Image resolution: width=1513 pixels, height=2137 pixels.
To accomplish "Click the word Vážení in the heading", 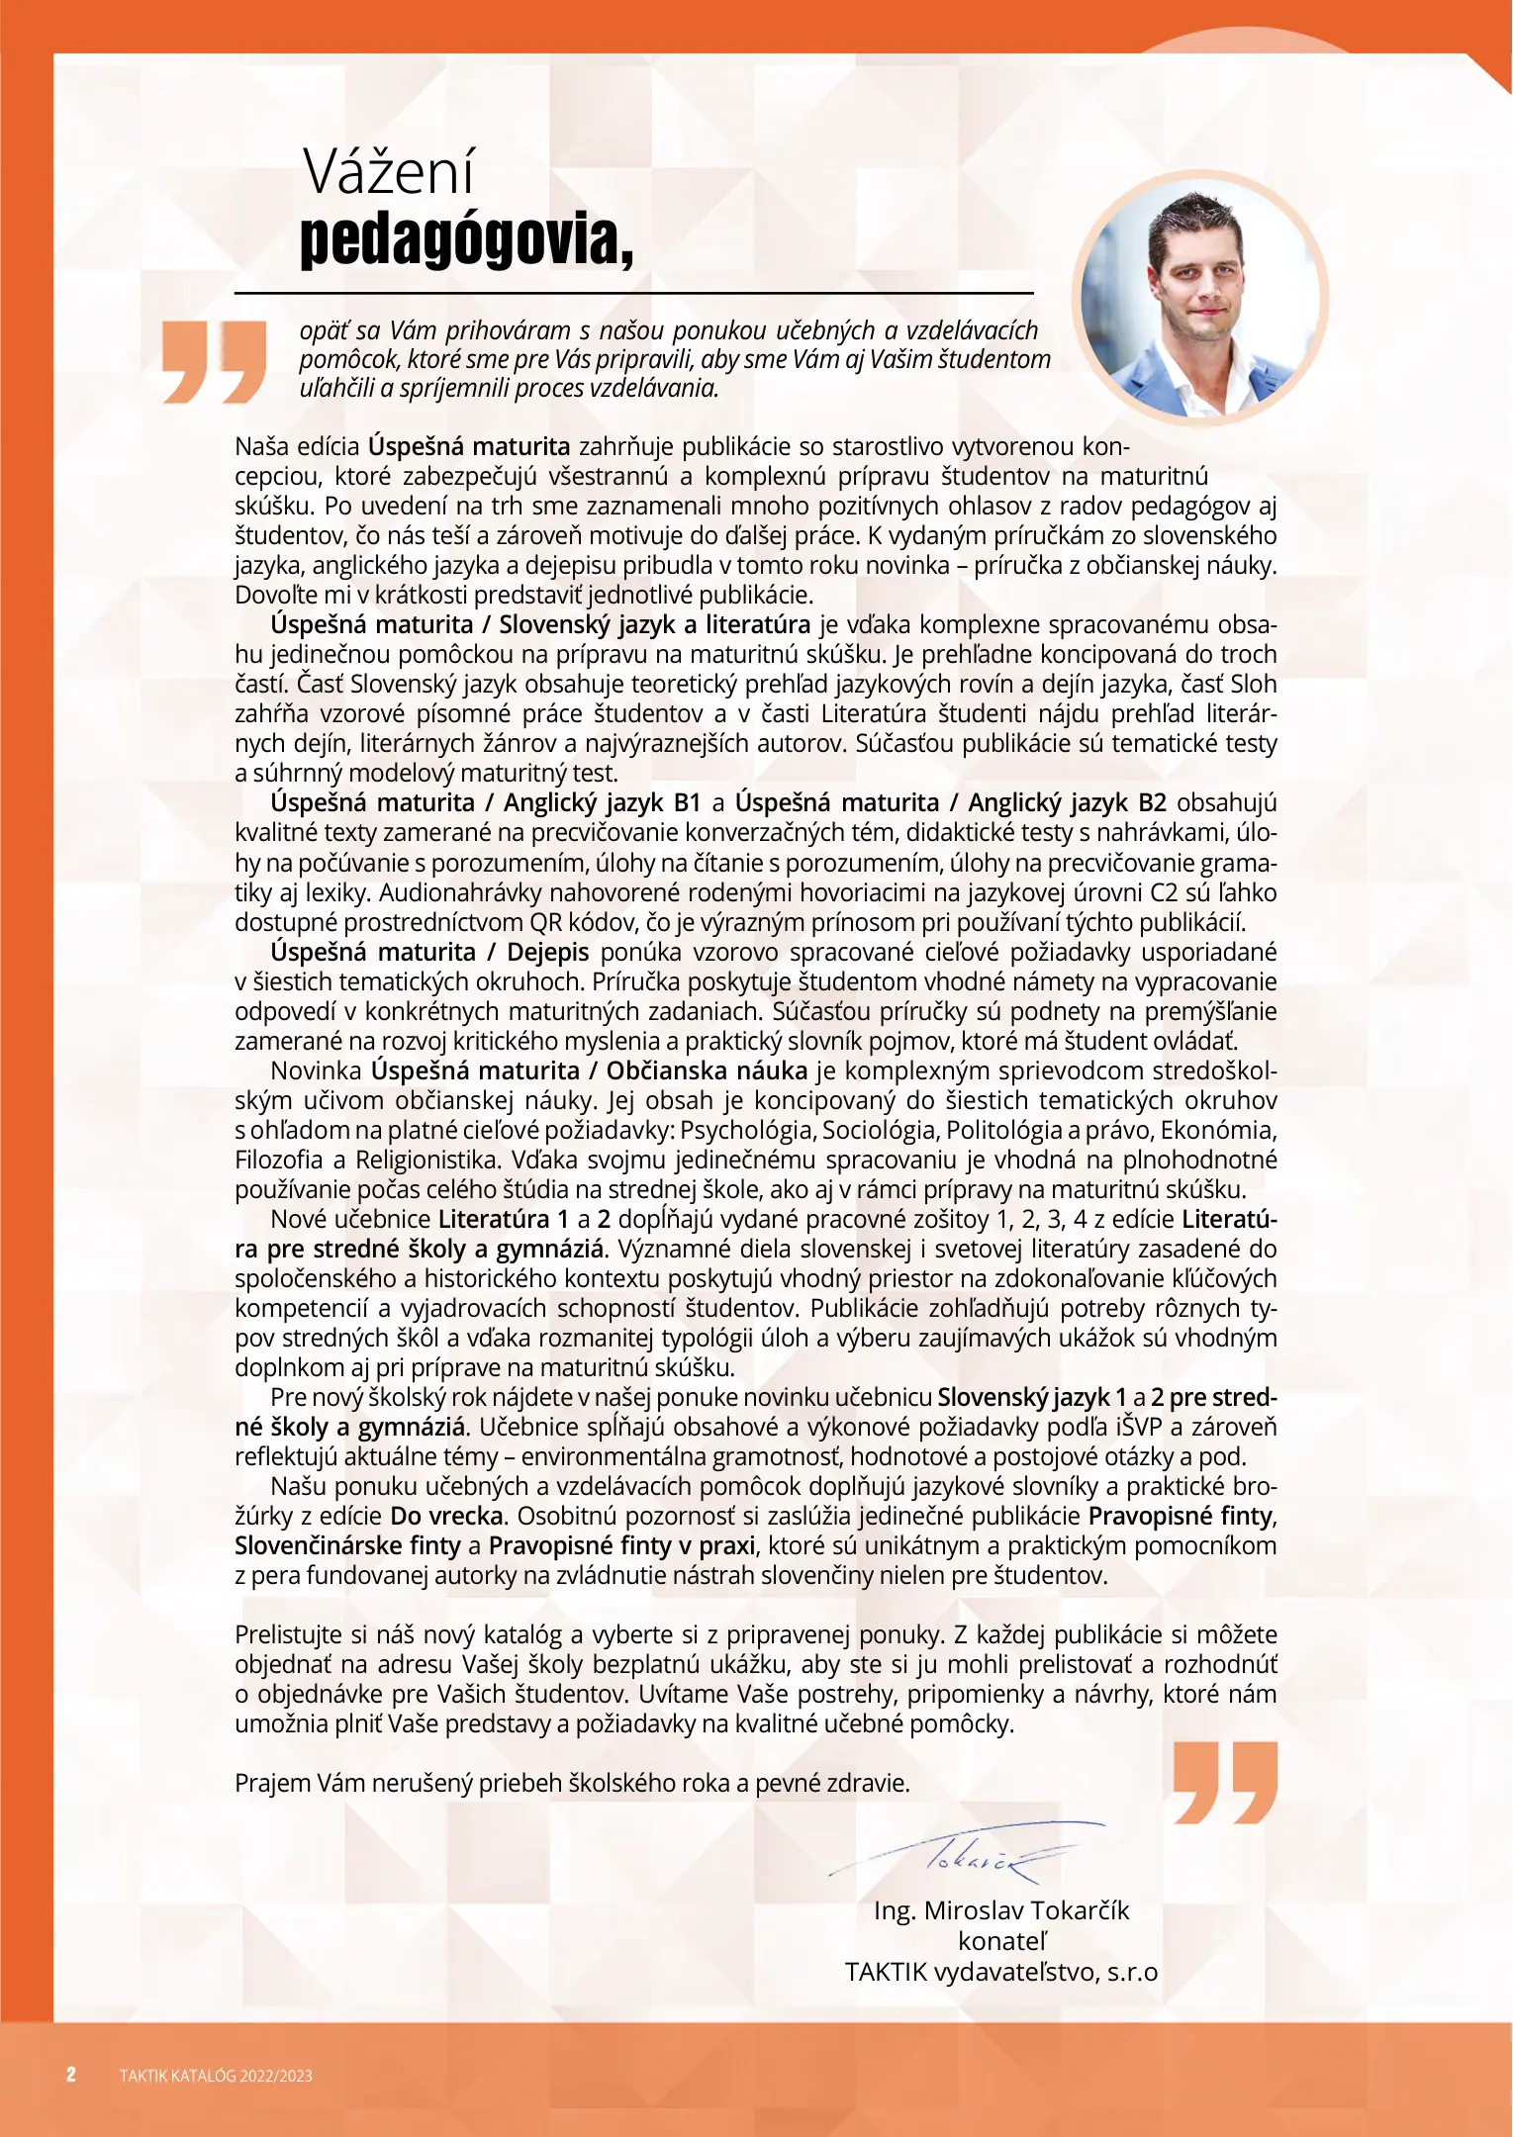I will point(389,172).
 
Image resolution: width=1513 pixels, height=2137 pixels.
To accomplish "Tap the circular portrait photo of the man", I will point(1199,298).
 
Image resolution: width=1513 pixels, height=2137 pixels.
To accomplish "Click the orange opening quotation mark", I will point(215,362).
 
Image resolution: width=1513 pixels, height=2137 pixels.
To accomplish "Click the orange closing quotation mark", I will point(1225,1783).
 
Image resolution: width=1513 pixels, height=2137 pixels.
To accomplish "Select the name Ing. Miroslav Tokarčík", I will point(1000,1910).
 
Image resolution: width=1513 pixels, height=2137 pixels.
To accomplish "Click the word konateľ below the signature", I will point(1000,1941).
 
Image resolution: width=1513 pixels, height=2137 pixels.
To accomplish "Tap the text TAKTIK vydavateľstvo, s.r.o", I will point(1000,1972).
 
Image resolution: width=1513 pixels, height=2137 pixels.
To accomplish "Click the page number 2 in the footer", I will point(71,2075).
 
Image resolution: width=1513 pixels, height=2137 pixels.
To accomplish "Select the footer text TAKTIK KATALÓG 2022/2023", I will point(216,2076).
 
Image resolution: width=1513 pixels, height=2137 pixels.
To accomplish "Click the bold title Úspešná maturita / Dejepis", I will point(429,952).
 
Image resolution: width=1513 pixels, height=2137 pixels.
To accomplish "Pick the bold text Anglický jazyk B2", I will point(1067,802).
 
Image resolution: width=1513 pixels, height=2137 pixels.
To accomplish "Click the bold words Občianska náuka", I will point(707,1070).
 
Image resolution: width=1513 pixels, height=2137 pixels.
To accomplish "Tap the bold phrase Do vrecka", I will point(446,1516).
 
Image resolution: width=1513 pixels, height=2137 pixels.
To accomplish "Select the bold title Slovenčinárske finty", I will point(347,1545).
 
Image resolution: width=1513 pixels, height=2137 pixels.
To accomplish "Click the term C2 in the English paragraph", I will point(1162,892).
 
